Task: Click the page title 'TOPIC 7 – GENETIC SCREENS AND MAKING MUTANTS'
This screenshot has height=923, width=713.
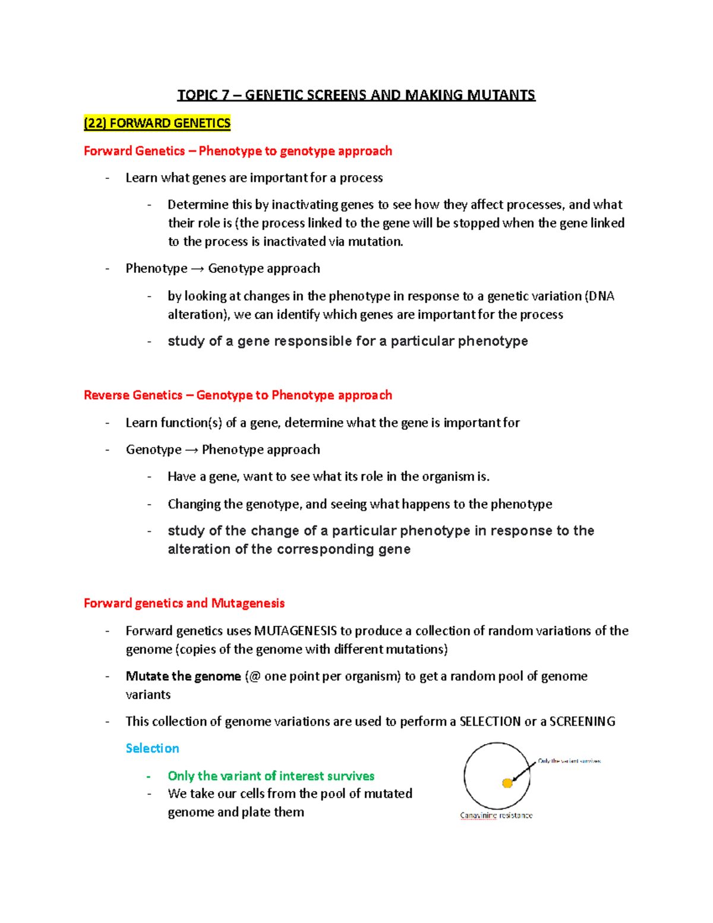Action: [x=356, y=95]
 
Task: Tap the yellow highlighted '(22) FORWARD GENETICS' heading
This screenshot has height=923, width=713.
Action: [x=157, y=123]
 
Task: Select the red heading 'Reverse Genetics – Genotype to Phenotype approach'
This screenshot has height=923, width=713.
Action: [x=238, y=395]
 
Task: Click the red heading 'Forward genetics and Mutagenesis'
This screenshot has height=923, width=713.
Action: [x=184, y=603]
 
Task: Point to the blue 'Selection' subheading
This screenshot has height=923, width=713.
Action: [x=152, y=748]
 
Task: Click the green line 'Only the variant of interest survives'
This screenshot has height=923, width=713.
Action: [x=271, y=776]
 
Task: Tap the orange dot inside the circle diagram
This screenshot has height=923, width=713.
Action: [x=507, y=783]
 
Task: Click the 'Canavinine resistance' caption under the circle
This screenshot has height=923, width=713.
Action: [x=496, y=815]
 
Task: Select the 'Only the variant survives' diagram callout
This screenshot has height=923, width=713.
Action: [x=569, y=761]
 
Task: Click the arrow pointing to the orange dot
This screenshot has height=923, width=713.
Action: [x=523, y=772]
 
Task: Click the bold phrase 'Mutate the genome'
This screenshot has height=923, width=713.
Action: [x=183, y=676]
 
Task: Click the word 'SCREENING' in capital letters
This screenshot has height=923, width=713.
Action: [x=582, y=722]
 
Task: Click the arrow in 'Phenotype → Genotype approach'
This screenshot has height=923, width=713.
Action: [x=197, y=269]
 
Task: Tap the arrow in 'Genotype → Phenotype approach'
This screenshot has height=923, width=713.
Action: [x=191, y=450]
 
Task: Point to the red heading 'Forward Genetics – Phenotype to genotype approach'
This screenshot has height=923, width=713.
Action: [x=238, y=151]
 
